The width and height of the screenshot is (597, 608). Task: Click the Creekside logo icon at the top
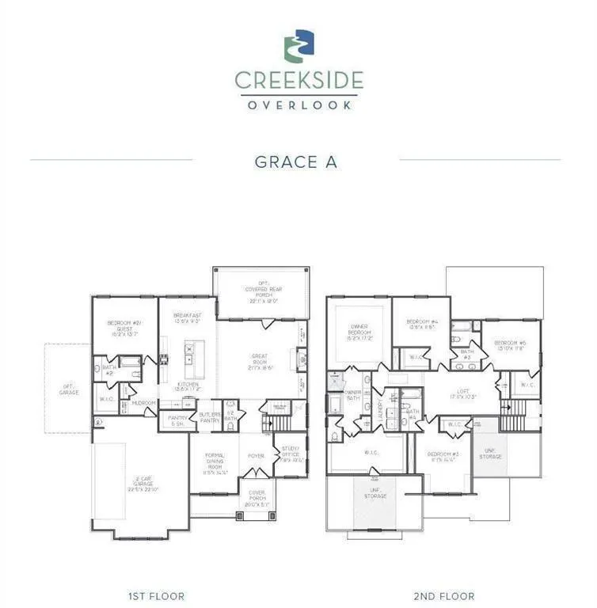click(x=298, y=45)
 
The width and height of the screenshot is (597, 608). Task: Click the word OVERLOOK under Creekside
click(x=298, y=104)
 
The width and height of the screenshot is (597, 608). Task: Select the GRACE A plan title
click(x=296, y=161)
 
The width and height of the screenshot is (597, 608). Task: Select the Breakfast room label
click(x=188, y=318)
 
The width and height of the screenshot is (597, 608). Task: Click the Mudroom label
click(x=144, y=403)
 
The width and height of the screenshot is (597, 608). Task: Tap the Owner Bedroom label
click(x=356, y=333)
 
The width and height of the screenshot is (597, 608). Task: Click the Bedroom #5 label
click(x=510, y=345)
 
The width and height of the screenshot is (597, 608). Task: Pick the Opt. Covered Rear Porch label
click(x=260, y=294)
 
